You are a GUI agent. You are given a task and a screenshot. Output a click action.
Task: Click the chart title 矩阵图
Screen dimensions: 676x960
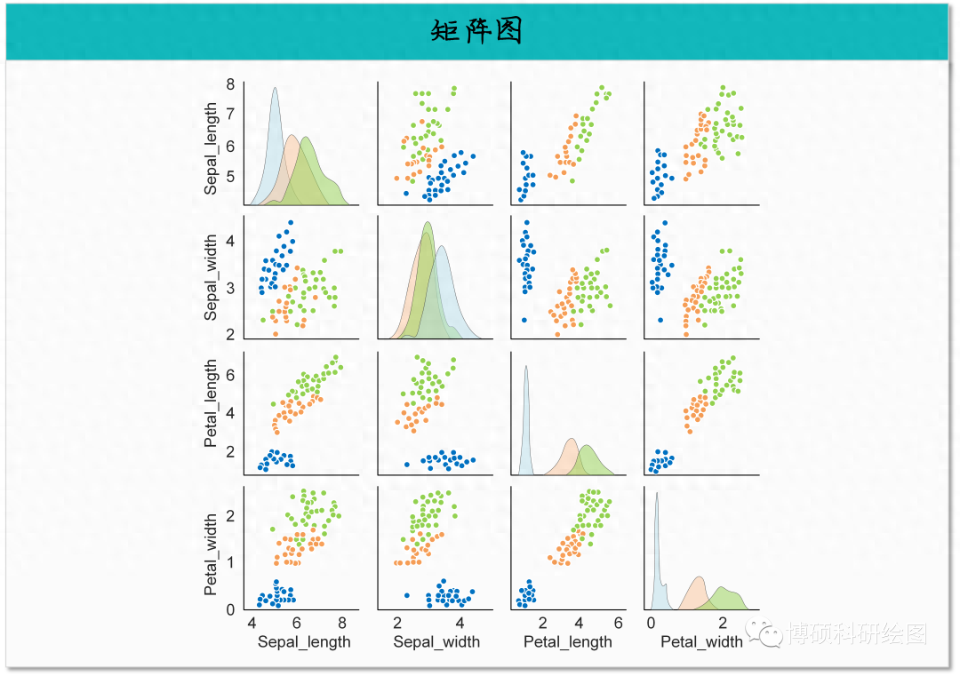[x=477, y=31]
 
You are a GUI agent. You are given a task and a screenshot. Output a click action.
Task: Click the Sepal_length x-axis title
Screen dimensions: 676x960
[x=304, y=642]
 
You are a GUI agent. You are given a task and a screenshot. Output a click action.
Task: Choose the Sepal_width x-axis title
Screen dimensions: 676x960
[x=436, y=642]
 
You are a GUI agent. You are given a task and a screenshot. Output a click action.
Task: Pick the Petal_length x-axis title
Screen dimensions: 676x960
[x=568, y=642]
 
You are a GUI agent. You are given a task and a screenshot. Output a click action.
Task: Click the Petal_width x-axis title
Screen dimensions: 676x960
[x=701, y=642]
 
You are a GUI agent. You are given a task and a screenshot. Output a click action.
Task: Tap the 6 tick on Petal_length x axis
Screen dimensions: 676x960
[x=618, y=622]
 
